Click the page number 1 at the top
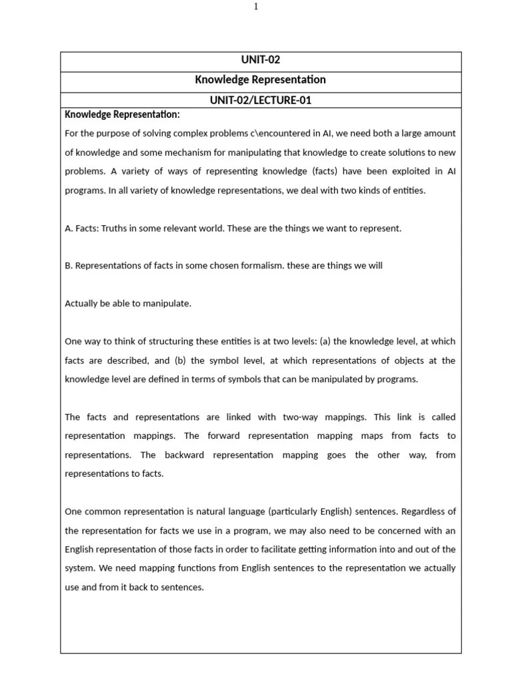pos(256,7)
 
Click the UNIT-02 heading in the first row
pos(261,60)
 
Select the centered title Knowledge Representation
pos(261,80)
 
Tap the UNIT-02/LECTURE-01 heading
pos(261,101)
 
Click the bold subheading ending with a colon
pos(122,115)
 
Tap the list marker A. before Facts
pos(69,228)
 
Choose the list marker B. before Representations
pos(69,266)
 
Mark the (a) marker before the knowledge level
pos(325,342)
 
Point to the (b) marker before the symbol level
pos(178,360)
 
